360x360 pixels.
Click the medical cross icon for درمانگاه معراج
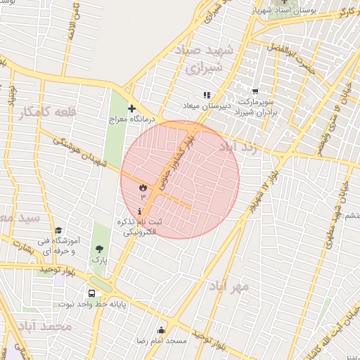pyautogui.click(x=131, y=108)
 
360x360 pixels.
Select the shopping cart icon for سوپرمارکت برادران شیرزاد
pyautogui.click(x=255, y=91)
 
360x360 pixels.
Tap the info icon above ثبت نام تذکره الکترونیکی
pyautogui.click(x=141, y=211)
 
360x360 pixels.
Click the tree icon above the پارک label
pyautogui.click(x=99, y=249)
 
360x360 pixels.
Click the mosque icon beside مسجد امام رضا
pyautogui.click(x=161, y=330)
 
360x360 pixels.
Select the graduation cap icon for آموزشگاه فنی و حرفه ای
pyautogui.click(x=58, y=230)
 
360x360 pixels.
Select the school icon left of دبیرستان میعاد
pyautogui.click(x=206, y=95)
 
